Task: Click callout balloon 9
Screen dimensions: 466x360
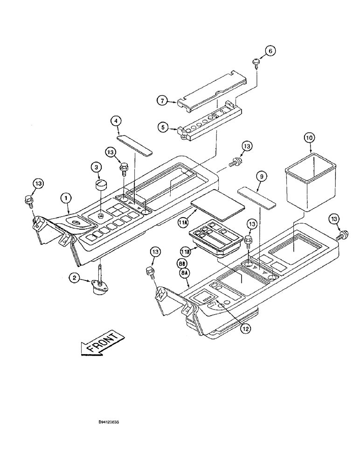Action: click(262, 177)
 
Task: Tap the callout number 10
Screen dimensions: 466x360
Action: click(311, 138)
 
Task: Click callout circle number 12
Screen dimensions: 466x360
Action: click(245, 328)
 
